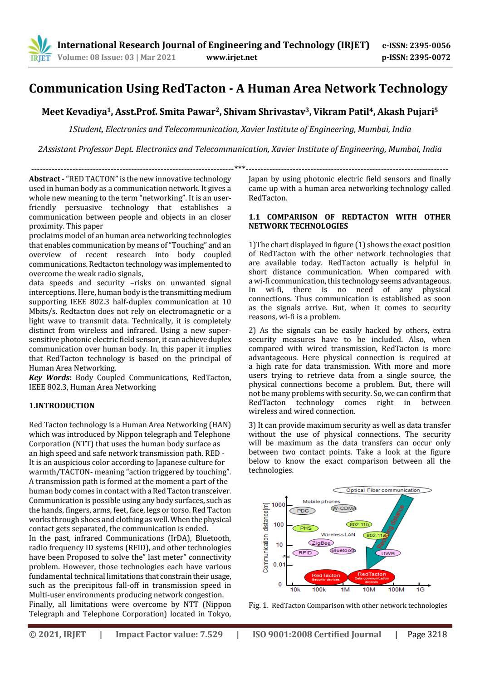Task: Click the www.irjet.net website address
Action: [x=231, y=57]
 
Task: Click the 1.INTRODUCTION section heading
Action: [x=62, y=405]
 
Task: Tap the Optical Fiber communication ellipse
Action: [x=382, y=490]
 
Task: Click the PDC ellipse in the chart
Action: [x=303, y=511]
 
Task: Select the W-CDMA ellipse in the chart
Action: [x=343, y=508]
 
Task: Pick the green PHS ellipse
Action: [x=305, y=528]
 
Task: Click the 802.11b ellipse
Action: [x=359, y=524]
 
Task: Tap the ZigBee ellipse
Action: [x=321, y=542]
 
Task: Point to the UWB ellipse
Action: [x=388, y=553]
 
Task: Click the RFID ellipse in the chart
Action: [x=305, y=552]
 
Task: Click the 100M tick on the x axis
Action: [x=396, y=590]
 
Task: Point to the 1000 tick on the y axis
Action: [x=278, y=505]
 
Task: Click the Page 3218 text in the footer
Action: [x=427, y=634]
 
